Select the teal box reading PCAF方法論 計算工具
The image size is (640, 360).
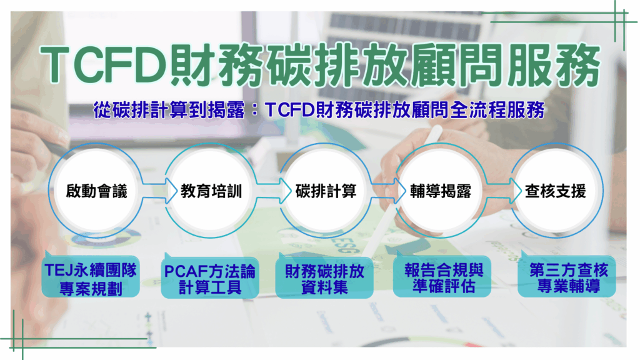[210, 277]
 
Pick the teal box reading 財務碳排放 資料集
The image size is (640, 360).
[324, 277]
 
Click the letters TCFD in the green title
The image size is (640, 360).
[104, 65]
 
